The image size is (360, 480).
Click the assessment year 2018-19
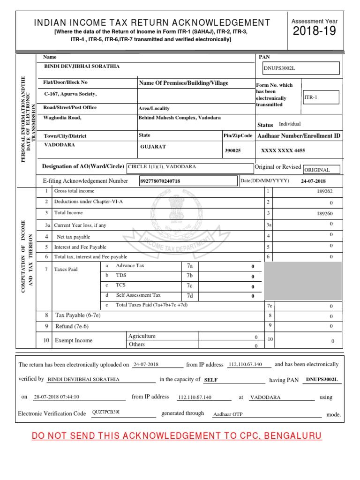click(315, 32)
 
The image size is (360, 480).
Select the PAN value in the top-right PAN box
click(280, 68)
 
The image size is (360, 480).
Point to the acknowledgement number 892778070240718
click(160, 181)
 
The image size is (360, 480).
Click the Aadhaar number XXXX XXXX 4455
click(283, 151)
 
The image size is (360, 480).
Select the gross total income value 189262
click(324, 191)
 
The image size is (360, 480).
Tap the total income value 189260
click(324, 213)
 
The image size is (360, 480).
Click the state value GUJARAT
click(153, 147)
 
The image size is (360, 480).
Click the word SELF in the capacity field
click(211, 380)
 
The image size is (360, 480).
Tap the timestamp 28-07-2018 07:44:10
click(56, 397)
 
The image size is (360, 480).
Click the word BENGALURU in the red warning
click(293, 436)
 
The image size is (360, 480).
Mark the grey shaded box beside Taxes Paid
click(303, 281)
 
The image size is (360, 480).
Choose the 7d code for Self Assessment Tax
click(190, 296)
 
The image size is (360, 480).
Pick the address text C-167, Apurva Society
click(70, 94)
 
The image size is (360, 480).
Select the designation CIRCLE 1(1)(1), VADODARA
click(162, 166)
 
